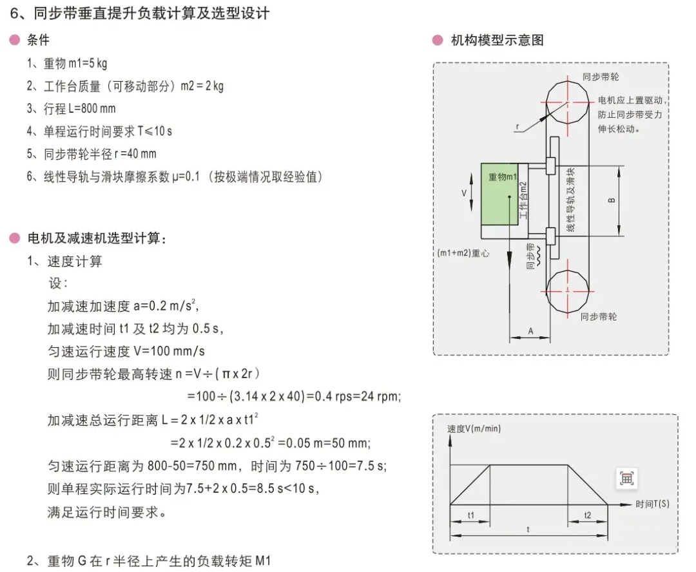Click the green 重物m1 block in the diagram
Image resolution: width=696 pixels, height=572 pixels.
500,195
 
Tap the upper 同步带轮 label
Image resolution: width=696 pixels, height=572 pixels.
601,77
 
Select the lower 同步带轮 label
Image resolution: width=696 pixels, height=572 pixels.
598,317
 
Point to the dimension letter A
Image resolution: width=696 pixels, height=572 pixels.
530,331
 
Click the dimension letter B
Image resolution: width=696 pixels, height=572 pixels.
611,200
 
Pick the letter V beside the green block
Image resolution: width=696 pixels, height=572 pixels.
464,193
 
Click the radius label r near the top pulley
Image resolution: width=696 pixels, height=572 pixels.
517,126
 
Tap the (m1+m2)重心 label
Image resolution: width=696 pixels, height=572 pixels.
463,253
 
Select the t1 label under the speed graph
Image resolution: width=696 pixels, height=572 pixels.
471,515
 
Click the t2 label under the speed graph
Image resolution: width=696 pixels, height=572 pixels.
587,515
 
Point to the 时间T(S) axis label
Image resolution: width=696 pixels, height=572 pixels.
652,504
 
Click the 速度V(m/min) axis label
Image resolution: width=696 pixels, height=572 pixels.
474,428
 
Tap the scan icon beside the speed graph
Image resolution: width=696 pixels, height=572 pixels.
627,479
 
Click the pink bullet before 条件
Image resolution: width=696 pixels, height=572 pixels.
15,40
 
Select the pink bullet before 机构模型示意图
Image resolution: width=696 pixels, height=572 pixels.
438,41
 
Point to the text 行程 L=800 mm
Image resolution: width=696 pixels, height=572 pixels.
79,109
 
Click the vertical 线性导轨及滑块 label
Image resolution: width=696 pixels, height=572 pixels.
571,200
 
